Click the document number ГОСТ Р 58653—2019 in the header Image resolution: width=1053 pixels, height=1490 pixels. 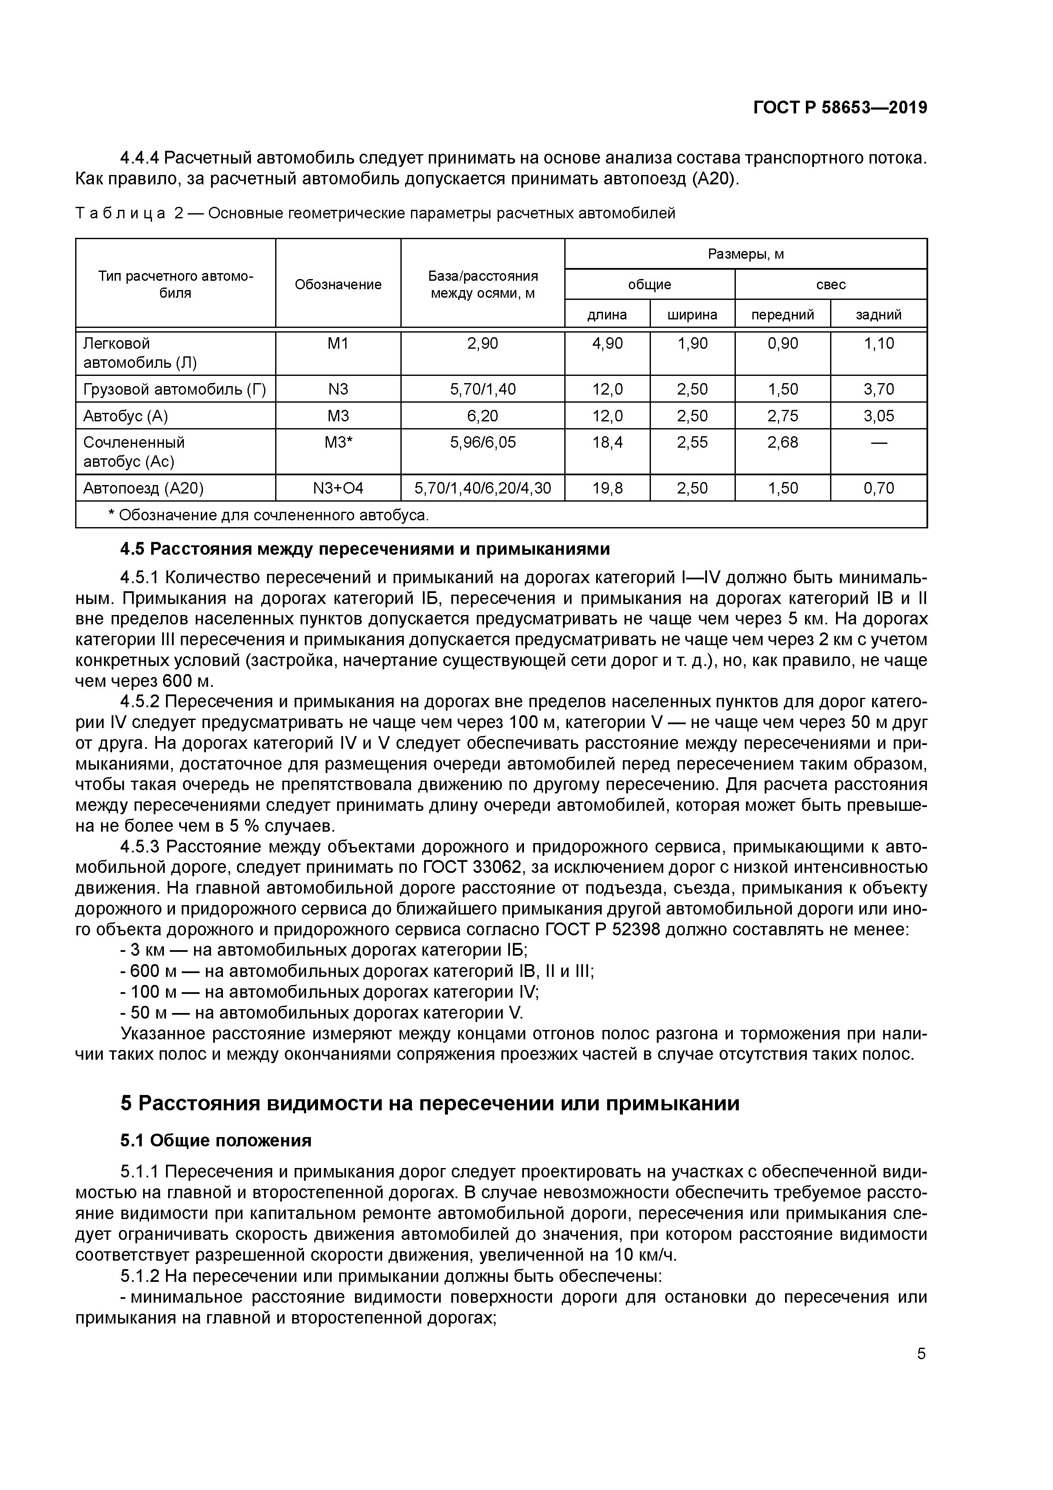(840, 108)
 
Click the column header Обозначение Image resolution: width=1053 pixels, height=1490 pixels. (338, 284)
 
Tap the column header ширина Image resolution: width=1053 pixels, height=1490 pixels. (692, 315)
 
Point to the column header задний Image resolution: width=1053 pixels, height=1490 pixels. (878, 315)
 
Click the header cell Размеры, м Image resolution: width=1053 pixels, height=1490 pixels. (746, 254)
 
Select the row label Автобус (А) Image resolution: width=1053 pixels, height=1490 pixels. (125, 415)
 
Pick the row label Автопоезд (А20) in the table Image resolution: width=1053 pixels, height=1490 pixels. (144, 488)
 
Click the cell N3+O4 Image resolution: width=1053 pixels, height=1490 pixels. (338, 488)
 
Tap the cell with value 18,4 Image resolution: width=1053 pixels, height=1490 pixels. (607, 443)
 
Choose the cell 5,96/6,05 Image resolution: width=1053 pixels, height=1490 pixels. (483, 443)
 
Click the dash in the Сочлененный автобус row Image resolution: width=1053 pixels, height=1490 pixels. (878, 443)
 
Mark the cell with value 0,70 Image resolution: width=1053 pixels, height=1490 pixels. (878, 488)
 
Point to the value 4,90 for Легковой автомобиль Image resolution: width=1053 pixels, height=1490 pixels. (607, 343)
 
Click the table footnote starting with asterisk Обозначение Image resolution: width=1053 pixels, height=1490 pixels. (269, 515)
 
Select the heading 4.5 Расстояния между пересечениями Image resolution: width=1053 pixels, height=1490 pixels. (365, 549)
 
